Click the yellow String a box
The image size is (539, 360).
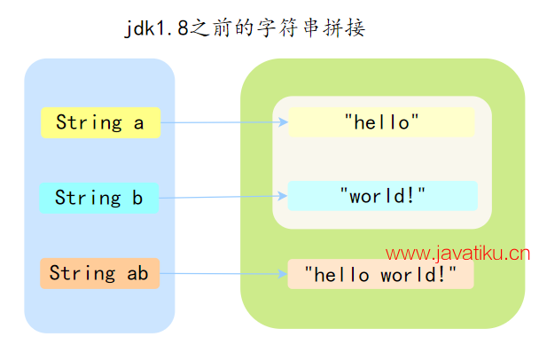(x=100, y=122)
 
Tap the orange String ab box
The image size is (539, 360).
(x=99, y=273)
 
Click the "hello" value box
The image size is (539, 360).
(x=381, y=122)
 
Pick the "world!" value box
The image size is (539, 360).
(x=382, y=196)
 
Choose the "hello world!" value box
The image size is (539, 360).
(x=380, y=274)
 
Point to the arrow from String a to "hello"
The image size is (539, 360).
(x=222, y=122)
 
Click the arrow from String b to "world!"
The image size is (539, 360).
(x=222, y=197)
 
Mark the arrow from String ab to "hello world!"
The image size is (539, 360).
(x=222, y=273)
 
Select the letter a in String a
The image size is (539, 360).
(x=138, y=122)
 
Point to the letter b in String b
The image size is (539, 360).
(x=137, y=197)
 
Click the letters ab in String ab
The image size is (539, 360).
(x=137, y=273)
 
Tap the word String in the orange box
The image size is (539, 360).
(x=82, y=273)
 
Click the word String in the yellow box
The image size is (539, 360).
(x=89, y=122)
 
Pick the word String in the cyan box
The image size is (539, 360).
(x=88, y=197)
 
